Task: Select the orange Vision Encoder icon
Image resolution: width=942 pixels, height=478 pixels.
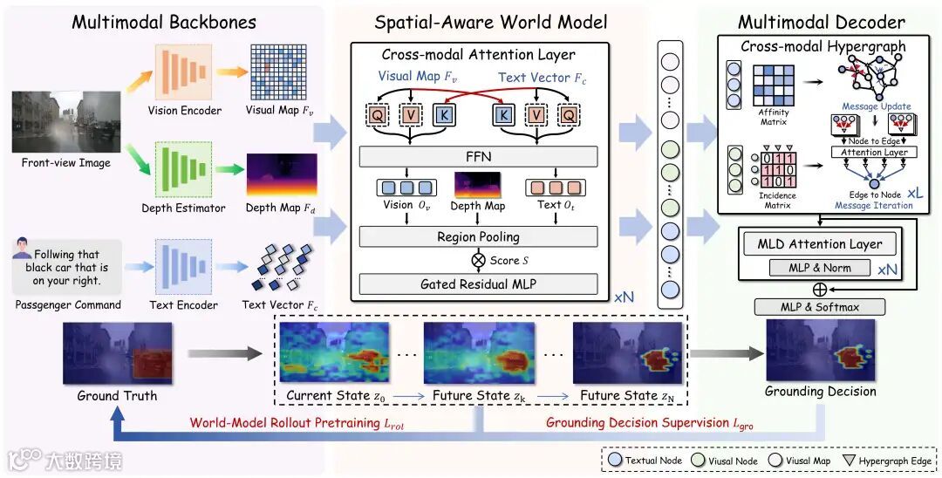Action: (181, 72)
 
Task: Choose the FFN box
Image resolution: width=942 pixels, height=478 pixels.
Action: (478, 157)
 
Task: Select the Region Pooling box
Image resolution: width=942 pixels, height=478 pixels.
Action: (478, 236)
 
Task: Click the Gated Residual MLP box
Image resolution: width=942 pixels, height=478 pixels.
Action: (478, 283)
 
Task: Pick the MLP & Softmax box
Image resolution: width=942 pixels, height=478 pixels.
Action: (821, 306)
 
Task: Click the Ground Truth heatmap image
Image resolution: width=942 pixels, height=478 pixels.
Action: (118, 354)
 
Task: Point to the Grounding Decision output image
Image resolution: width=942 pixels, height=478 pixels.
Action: (820, 352)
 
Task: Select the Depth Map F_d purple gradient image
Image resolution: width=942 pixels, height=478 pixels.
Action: (281, 174)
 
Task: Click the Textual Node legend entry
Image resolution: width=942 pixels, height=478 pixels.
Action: (646, 460)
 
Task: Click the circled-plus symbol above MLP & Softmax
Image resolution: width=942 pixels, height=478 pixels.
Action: (820, 288)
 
